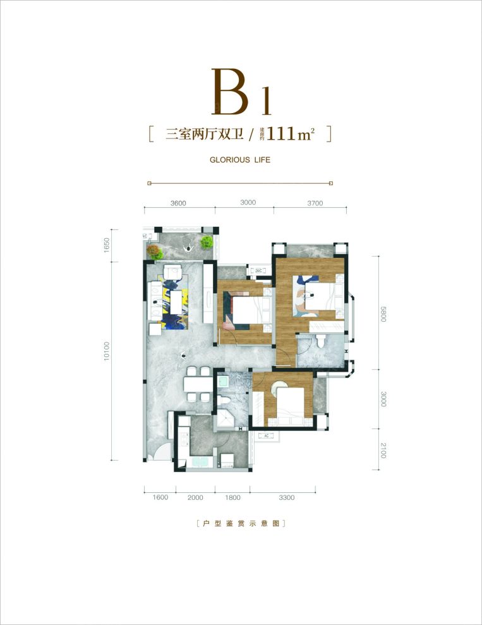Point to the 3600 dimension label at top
(x=178, y=203)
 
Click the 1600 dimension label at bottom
(x=160, y=497)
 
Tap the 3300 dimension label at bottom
(x=287, y=497)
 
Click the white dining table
(x=197, y=385)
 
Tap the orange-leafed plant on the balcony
(x=154, y=252)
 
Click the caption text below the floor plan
(x=241, y=524)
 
